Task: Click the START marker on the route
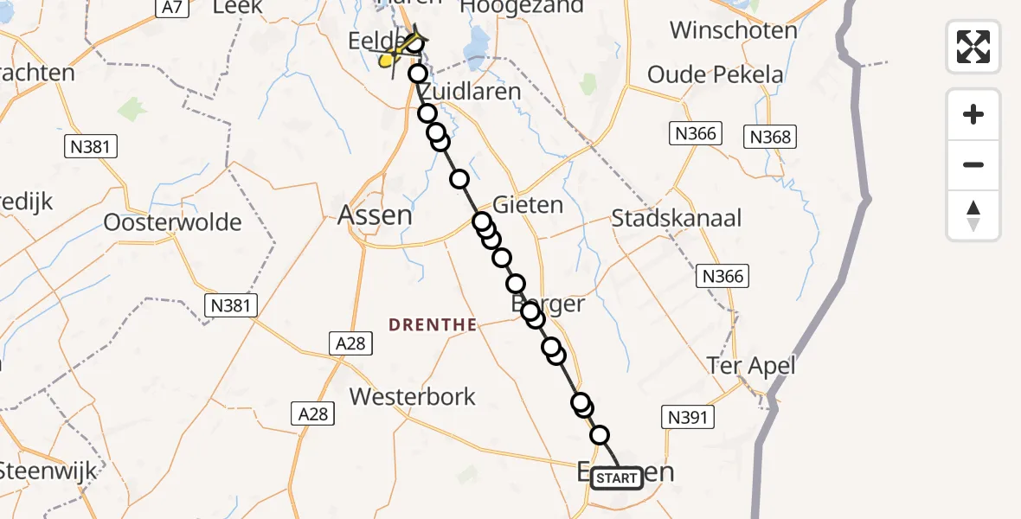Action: tap(617, 477)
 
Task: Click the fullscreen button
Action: tap(973, 46)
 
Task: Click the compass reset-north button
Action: tap(973, 215)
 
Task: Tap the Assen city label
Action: tap(375, 215)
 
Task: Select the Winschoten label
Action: tap(733, 30)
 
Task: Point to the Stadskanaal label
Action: tap(676, 218)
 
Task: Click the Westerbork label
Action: tap(412, 397)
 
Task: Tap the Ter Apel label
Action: tap(750, 366)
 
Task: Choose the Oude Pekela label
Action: tap(715, 74)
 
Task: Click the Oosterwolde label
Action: tap(172, 222)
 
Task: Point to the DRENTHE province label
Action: tap(433, 325)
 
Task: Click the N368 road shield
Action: tap(770, 137)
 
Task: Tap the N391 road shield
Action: tap(688, 418)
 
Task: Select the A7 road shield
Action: tap(172, 8)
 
